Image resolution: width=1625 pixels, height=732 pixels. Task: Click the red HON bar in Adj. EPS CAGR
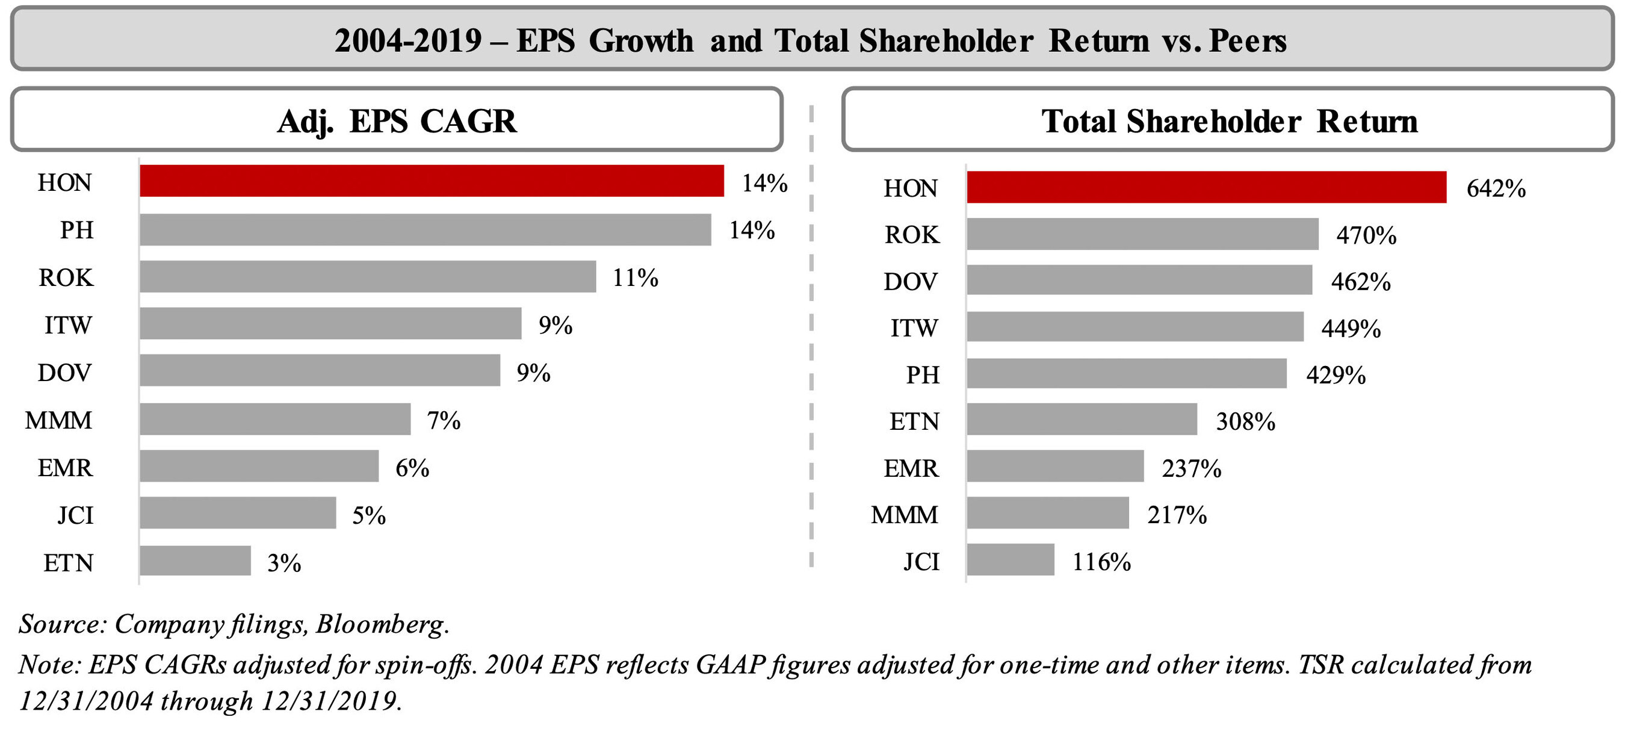[432, 181]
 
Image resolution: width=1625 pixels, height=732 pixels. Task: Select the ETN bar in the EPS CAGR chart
[195, 561]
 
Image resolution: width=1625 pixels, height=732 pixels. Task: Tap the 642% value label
[1496, 188]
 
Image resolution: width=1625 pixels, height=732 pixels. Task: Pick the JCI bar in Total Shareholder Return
[1010, 560]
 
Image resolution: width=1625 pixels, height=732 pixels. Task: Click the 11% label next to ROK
[635, 278]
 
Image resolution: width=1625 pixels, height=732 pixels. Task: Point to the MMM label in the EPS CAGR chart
[58, 420]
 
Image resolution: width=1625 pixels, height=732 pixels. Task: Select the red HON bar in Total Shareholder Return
[1206, 187]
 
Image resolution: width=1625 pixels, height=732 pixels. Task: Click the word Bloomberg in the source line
[382, 624]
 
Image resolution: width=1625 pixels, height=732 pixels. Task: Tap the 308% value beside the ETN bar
[1245, 421]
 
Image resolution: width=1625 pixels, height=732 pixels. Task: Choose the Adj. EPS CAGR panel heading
[397, 120]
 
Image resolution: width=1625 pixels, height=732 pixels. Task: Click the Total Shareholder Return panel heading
[1229, 120]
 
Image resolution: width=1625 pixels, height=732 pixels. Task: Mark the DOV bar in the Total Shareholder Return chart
[1139, 280]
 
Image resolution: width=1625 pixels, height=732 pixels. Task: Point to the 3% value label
[284, 563]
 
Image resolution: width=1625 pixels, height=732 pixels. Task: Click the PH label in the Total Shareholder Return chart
[923, 375]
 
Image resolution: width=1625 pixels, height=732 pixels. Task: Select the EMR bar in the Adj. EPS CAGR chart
[259, 467]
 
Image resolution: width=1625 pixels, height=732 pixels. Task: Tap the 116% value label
[1101, 562]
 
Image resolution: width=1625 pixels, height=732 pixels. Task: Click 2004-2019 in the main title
[408, 41]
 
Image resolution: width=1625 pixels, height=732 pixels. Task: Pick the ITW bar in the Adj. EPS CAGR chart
[330, 324]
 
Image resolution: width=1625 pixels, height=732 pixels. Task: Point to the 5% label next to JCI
[368, 515]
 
